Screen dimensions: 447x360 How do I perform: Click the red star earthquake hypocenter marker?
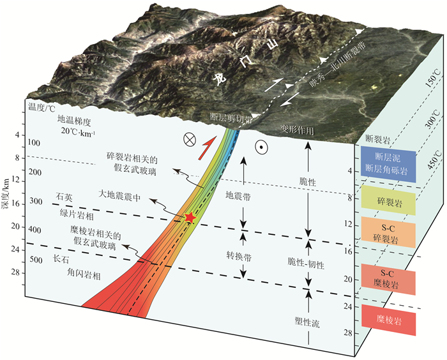point(190,218)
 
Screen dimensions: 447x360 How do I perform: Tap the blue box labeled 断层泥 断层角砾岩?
point(388,164)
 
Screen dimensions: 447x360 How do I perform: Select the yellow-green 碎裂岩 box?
point(388,201)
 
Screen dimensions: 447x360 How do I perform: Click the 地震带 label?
point(243,198)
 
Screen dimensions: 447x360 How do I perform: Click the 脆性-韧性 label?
point(309,264)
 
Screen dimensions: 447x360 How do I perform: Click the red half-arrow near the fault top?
point(206,149)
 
